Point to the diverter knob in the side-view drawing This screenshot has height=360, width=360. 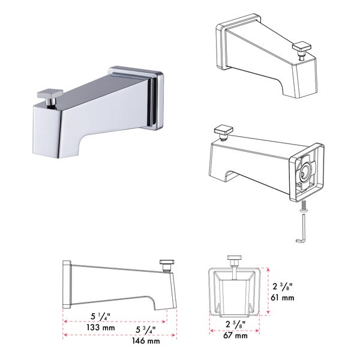click(166, 263)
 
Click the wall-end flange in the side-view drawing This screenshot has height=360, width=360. click(67, 284)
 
